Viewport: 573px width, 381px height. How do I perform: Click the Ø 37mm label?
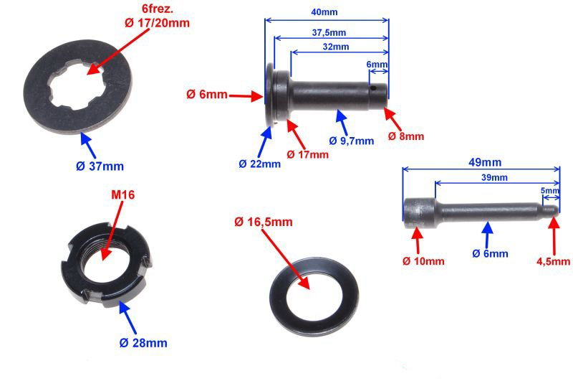(100, 166)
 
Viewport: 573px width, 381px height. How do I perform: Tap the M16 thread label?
(122, 194)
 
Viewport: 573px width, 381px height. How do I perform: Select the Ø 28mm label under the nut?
(143, 343)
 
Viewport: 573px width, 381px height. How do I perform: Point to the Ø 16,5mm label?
(263, 222)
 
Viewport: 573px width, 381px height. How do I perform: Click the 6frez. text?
(158, 8)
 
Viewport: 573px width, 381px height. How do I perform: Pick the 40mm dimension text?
(324, 12)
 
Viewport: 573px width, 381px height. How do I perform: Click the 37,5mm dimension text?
(329, 32)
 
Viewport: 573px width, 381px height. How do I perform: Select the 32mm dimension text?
(336, 47)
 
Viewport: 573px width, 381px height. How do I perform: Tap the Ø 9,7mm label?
(351, 141)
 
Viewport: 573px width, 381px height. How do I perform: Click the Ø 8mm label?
(406, 136)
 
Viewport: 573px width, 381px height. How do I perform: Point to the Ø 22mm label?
(259, 164)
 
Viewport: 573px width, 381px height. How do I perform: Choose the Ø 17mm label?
(308, 154)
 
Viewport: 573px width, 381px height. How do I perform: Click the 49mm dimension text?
(485, 162)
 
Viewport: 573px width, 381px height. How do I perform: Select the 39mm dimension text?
(494, 178)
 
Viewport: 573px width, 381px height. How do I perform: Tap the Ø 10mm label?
(423, 261)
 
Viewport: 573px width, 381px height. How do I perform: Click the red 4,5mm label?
(553, 261)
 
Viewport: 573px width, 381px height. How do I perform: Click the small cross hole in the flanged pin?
(372, 88)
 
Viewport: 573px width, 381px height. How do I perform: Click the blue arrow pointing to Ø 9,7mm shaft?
(342, 122)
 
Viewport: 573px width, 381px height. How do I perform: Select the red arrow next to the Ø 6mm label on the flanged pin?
(245, 96)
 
